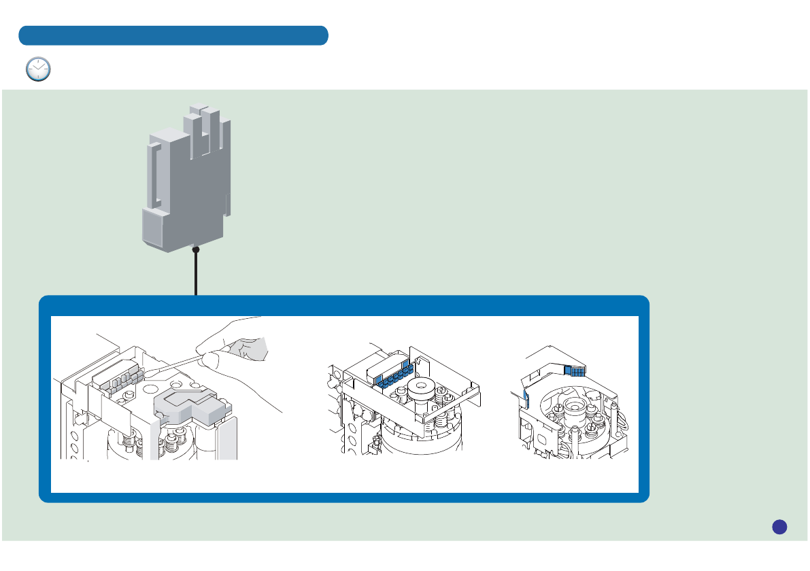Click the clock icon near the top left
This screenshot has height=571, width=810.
[38, 69]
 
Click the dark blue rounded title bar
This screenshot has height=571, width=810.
[173, 35]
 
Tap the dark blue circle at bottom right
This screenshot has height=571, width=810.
[779, 526]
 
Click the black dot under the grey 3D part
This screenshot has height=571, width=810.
[196, 249]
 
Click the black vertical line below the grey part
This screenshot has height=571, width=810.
[196, 275]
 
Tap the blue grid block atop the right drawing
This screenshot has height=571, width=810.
[576, 370]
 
